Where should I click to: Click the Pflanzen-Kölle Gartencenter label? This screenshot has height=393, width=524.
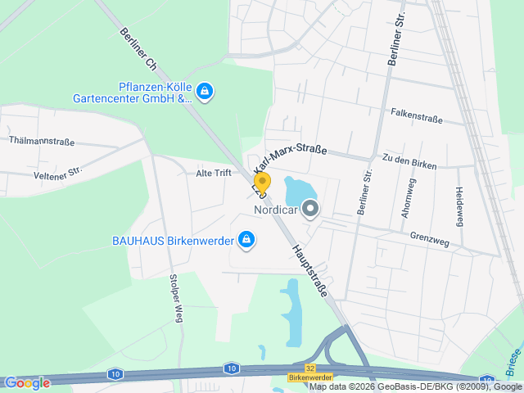pyautogui.click(x=143, y=93)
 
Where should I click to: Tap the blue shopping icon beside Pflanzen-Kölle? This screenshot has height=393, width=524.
pyautogui.click(x=206, y=91)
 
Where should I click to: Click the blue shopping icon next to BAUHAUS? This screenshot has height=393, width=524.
pyautogui.click(x=246, y=240)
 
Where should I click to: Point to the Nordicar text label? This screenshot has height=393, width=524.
pyautogui.click(x=274, y=210)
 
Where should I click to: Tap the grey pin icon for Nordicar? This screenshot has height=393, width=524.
pyautogui.click(x=310, y=210)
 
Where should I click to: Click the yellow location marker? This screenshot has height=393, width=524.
pyautogui.click(x=262, y=183)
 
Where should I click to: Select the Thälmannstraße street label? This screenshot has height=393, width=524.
pyautogui.click(x=42, y=140)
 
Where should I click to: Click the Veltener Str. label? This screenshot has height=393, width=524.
pyautogui.click(x=58, y=173)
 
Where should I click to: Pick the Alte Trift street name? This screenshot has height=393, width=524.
pyautogui.click(x=214, y=173)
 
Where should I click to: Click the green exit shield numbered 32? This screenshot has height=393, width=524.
pyautogui.click(x=309, y=368)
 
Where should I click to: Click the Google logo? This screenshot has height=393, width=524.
pyautogui.click(x=27, y=382)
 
